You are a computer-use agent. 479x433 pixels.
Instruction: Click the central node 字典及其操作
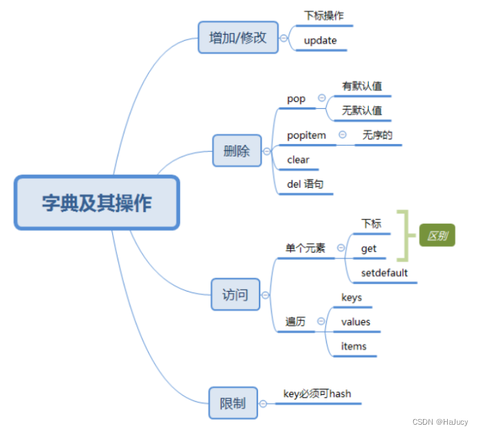[97, 203]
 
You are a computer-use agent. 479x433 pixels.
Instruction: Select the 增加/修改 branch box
[238, 37]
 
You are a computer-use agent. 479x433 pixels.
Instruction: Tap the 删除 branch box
[237, 151]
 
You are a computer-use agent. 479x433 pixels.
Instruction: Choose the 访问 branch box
[235, 294]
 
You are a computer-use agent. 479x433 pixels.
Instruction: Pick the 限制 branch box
[233, 403]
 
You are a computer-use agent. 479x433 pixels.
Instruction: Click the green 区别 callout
[437, 236]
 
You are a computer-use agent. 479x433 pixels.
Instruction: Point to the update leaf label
[320, 40]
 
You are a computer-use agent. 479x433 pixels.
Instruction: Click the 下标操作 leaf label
[324, 15]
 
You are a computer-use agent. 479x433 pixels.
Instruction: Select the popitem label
[307, 135]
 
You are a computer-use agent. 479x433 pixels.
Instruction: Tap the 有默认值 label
[362, 87]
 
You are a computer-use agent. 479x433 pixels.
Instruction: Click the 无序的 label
[377, 135]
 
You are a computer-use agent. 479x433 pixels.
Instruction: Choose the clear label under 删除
[298, 159]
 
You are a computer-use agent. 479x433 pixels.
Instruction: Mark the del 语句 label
[305, 184]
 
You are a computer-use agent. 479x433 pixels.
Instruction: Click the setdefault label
[384, 272]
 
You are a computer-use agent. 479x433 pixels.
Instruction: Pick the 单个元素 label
[305, 247]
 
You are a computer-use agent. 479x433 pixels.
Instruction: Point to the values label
[356, 321]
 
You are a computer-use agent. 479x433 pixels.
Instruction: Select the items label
[354, 346]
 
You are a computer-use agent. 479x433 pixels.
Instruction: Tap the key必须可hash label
[317, 394]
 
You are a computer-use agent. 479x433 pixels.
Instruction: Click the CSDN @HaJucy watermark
[440, 422]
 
